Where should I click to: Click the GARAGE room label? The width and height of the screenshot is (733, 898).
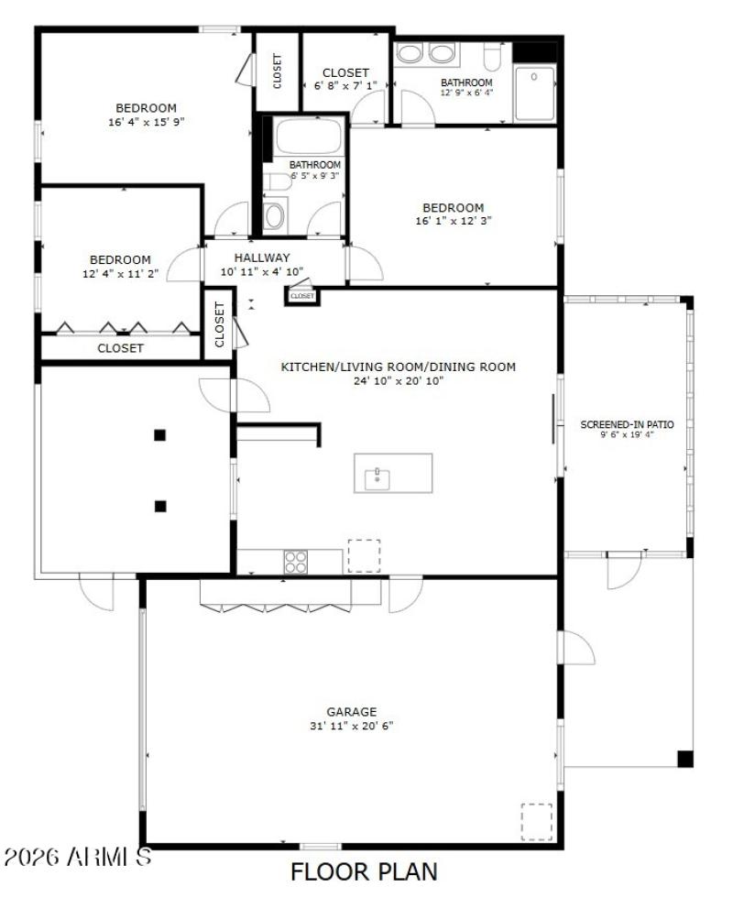tap(352, 711)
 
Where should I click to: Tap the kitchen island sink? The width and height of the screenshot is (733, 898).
tap(377, 475)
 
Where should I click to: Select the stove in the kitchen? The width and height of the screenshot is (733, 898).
tap(295, 561)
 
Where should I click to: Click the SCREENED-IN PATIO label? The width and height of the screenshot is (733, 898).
tap(627, 424)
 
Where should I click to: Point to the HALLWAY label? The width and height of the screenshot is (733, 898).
tap(261, 258)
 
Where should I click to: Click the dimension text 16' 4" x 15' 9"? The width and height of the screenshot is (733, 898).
tap(147, 121)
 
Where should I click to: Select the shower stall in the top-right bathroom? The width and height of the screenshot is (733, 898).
tap(535, 93)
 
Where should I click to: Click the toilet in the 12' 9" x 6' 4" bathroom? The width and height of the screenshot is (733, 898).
tap(492, 58)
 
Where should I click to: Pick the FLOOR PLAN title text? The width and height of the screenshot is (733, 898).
tap(364, 871)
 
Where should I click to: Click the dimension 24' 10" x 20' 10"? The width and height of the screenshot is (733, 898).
tap(399, 381)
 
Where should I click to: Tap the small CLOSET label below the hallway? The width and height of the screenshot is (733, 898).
tap(302, 296)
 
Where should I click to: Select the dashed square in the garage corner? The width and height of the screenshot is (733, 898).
tap(537, 821)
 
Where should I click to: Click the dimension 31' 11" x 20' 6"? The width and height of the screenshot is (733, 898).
tap(352, 726)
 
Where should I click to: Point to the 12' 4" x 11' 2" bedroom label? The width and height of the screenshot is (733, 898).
tap(120, 260)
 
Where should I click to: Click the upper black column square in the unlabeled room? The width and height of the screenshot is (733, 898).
tap(160, 435)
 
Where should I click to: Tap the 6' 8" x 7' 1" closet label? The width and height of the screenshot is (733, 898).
tap(345, 72)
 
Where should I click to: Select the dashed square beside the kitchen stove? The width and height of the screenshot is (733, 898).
tap(364, 555)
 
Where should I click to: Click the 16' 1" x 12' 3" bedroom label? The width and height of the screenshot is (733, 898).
tap(453, 208)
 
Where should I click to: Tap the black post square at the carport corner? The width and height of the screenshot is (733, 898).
tap(684, 759)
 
